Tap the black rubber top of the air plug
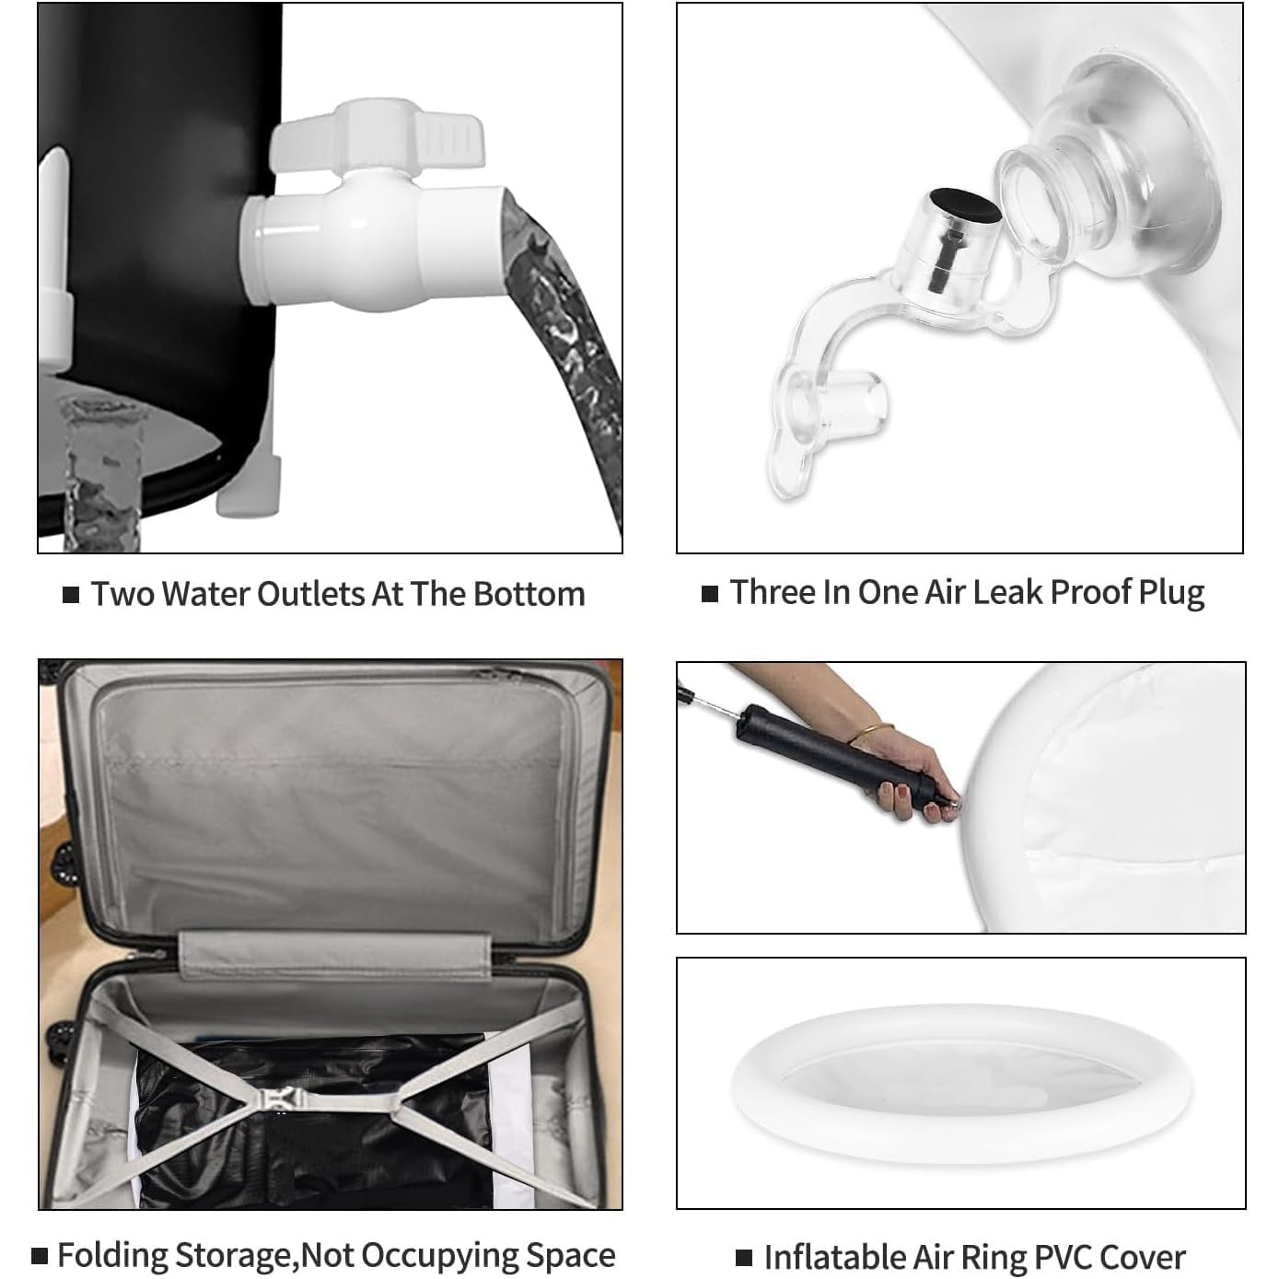pyautogui.click(x=966, y=205)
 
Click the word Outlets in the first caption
pyautogui.click(x=310, y=594)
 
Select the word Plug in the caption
pyautogui.click(x=1171, y=593)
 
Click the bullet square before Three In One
pyautogui.click(x=710, y=593)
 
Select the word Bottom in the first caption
pyautogui.click(x=529, y=594)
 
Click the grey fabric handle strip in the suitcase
pyautogui.click(x=335, y=955)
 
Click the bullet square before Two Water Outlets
pyautogui.click(x=70, y=595)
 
